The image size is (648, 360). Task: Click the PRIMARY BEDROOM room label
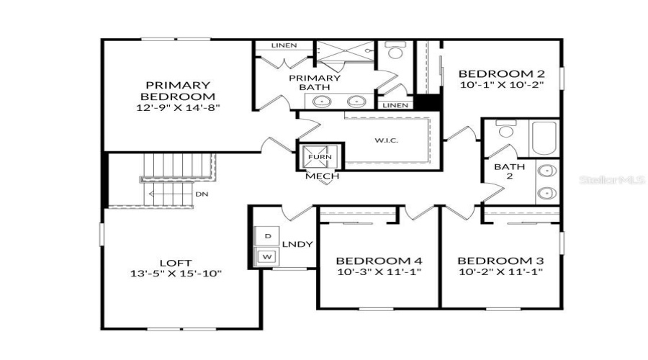[179, 90]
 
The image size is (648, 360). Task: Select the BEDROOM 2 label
[501, 73]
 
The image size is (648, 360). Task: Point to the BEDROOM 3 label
[500, 261]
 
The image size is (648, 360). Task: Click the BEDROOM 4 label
[379, 261]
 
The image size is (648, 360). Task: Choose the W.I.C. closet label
[385, 140]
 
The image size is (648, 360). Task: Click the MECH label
[322, 176]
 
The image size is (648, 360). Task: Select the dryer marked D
[267, 235]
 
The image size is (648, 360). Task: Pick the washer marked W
[267, 256]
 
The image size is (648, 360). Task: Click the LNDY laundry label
[298, 244]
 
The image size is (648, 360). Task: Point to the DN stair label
[202, 194]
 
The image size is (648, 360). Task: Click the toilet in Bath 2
[506, 130]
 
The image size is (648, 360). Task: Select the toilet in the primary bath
[394, 52]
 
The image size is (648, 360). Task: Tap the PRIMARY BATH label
[315, 83]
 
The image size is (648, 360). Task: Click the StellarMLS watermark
[611, 181]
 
